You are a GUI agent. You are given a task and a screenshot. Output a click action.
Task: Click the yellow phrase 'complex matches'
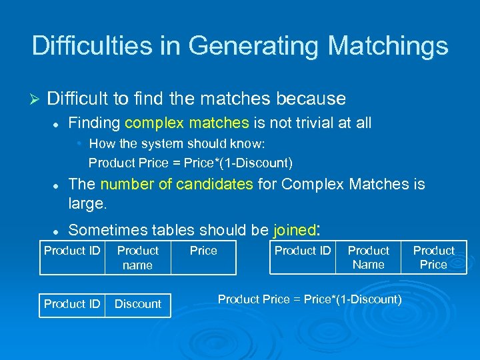[x=186, y=123]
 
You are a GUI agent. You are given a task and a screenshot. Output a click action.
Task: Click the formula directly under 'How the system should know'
[x=190, y=163]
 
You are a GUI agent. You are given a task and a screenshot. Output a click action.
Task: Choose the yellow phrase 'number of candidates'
[x=177, y=184]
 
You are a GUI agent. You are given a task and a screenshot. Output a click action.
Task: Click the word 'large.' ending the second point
[x=87, y=202]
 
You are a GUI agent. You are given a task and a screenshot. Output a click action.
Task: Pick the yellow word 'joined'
[x=294, y=230]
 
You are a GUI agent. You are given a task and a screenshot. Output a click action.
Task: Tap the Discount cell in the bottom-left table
[x=138, y=304]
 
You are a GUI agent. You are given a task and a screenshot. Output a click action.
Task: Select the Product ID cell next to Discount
[x=72, y=304]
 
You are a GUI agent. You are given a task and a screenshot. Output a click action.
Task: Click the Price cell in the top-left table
[x=203, y=251]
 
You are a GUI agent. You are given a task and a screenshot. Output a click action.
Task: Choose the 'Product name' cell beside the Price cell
[x=138, y=257]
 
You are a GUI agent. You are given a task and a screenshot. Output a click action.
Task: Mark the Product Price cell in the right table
[x=433, y=257]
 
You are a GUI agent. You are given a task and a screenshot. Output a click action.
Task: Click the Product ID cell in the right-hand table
[x=303, y=251]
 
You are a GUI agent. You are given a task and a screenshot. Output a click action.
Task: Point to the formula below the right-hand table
[x=309, y=299]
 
